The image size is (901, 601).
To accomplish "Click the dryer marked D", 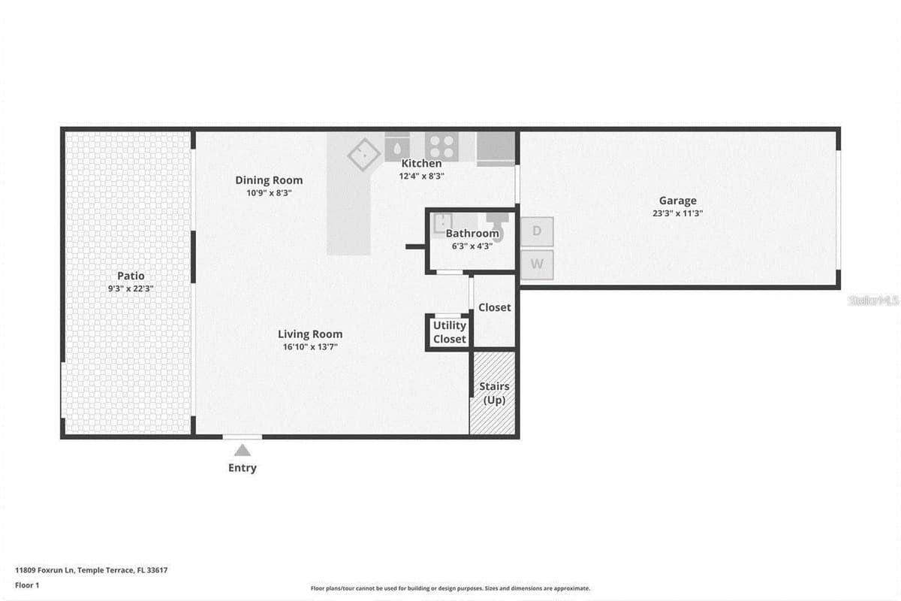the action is coord(537,231).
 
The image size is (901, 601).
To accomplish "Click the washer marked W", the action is coord(537,264).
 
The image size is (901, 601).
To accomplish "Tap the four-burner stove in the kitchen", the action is coord(441,146).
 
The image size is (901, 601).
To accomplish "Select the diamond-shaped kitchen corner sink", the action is coord(363,155).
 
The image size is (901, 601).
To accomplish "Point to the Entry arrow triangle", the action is coord(242,450).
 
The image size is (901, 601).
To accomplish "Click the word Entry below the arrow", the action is coord(242,468).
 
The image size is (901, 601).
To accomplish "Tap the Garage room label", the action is coord(678,201).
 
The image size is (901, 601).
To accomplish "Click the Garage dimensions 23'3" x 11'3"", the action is coord(678,213).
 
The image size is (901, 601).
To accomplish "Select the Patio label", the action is coord(131,276).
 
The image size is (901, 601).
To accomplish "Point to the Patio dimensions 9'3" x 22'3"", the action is coord(131,288).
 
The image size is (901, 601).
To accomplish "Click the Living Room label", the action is coord(310,334).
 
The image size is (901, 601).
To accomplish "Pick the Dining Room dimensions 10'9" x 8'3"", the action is coord(269,193).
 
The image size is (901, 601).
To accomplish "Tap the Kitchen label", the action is coord(421,163).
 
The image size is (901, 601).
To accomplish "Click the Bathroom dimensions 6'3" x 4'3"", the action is coord(472,246).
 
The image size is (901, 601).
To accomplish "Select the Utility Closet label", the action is coord(449,332).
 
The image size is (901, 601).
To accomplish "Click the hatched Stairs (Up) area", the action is coord(493,393).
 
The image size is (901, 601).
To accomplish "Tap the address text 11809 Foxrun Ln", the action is coord(45,570).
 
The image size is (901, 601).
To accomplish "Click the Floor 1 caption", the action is coord(27,585).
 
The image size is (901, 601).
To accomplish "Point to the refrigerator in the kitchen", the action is coord(496,149).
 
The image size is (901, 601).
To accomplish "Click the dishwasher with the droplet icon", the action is coord(397,147).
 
